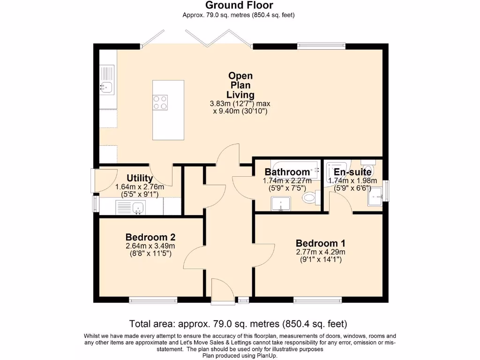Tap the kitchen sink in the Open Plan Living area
coord(106,86)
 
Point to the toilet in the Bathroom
coord(309,197)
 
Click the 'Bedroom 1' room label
coord(320,243)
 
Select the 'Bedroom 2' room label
coord(150,237)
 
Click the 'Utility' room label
coord(140,178)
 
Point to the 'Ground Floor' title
coord(239,6)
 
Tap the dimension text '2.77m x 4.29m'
coord(320,252)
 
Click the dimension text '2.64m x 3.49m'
coord(150,246)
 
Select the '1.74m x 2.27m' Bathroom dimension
coord(287,180)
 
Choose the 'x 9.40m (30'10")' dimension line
coord(240,112)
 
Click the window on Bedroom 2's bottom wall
coord(153,300)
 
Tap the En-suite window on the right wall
coord(386,191)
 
